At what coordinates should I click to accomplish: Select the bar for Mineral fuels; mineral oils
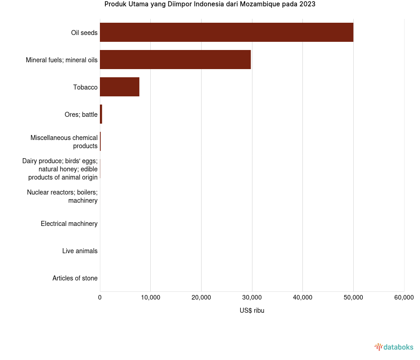(x=175, y=60)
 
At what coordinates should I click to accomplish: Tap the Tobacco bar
(x=119, y=87)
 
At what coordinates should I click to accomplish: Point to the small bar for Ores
(x=101, y=114)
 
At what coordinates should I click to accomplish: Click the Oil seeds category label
(x=84, y=33)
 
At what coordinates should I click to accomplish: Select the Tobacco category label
(x=85, y=87)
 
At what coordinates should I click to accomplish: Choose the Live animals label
(x=80, y=251)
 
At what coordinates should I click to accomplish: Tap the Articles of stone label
(x=75, y=278)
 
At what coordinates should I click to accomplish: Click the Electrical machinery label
(x=69, y=224)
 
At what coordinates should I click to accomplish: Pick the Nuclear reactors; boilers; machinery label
(x=62, y=196)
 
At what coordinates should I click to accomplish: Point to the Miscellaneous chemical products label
(x=64, y=142)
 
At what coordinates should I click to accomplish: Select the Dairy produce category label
(x=60, y=169)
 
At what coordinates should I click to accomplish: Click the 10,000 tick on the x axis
(x=150, y=298)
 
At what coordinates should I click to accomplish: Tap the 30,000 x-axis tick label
(x=252, y=298)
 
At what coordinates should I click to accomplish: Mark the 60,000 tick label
(x=404, y=298)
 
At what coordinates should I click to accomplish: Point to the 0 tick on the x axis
(x=100, y=298)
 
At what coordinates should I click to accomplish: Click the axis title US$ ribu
(x=252, y=311)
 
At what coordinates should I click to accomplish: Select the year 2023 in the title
(x=307, y=5)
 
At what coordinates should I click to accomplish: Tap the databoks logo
(x=394, y=347)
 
